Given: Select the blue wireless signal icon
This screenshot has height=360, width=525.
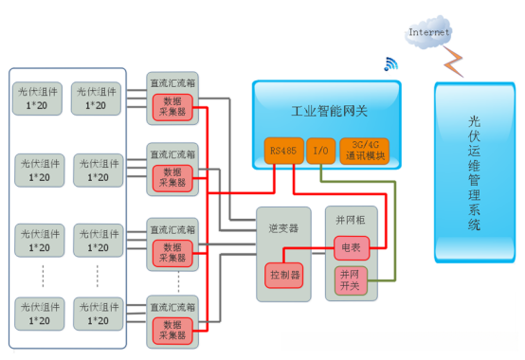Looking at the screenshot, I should point(389,64).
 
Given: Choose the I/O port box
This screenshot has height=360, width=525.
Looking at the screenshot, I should point(320,150).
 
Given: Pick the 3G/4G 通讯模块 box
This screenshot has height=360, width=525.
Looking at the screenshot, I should point(364,150).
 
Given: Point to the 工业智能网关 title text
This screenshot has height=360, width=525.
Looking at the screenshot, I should point(323,111).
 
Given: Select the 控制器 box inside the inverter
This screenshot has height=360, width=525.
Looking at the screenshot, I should point(282,275).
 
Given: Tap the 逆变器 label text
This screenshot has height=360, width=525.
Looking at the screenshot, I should point(282,228).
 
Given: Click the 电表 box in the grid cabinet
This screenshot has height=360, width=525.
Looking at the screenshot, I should point(349,248).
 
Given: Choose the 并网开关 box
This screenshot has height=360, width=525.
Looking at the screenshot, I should point(349,279).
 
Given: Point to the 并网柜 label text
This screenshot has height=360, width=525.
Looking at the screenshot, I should point(349,216).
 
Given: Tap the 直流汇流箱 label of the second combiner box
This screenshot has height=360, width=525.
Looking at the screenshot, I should point(172,153).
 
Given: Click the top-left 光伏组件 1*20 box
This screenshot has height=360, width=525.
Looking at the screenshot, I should point(39,99).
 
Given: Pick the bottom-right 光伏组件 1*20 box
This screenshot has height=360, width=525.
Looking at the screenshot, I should point(97,314).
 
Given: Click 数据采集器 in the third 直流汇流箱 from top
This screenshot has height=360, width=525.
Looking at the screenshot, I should point(172,252).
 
